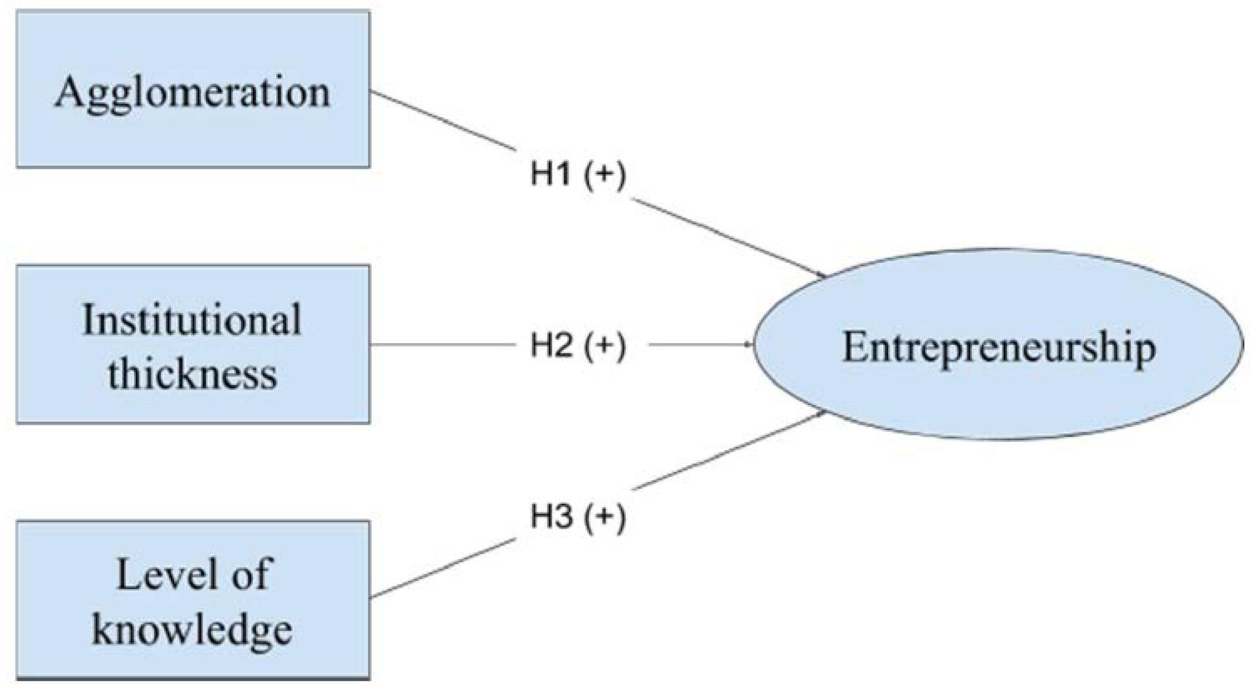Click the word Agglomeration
(x=192, y=92)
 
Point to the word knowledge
(x=192, y=630)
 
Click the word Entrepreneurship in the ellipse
(x=999, y=348)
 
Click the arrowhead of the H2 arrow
(x=749, y=345)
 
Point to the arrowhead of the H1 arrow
(x=822, y=275)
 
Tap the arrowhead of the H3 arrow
(x=822, y=414)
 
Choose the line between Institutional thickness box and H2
(x=442, y=345)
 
